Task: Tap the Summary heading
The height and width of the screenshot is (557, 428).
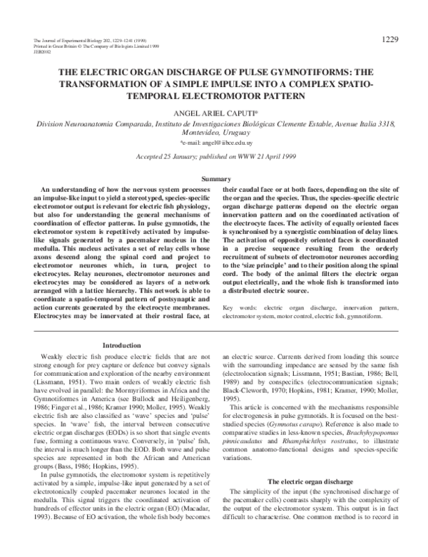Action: click(x=215, y=178)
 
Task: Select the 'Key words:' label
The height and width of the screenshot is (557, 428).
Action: click(x=239, y=307)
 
